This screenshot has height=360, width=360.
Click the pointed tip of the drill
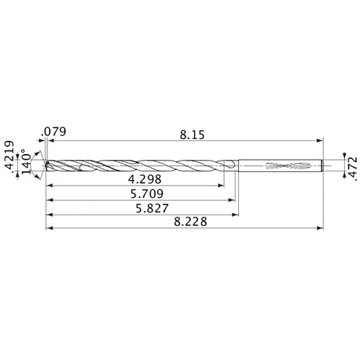tap(45, 165)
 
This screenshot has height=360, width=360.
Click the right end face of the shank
tap(322, 166)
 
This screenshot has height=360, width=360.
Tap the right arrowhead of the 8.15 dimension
tap(319, 142)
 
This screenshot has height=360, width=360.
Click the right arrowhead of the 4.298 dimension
tap(220, 186)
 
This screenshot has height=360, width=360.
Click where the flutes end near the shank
tap(229, 166)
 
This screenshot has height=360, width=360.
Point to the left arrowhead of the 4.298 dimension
tap(50, 186)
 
